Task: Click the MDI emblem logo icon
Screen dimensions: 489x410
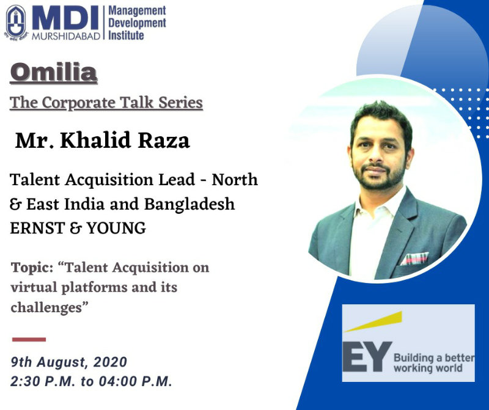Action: [16, 23]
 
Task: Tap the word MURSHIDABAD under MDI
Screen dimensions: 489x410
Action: [66, 36]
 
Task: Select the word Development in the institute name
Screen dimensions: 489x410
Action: [137, 23]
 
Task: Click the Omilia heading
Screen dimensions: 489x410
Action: [54, 73]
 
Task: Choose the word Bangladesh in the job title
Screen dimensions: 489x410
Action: [189, 204]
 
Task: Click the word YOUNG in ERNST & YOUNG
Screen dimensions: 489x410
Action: [116, 228]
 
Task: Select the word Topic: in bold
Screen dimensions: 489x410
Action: [32, 268]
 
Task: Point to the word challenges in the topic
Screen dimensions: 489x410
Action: [46, 308]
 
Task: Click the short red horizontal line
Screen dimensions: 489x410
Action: [29, 340]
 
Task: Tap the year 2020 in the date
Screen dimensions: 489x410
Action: [110, 362]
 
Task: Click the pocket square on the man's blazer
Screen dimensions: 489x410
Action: [414, 258]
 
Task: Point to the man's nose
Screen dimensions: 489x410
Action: [375, 158]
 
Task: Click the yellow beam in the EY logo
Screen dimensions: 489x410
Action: [373, 321]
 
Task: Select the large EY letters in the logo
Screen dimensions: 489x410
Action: [367, 357]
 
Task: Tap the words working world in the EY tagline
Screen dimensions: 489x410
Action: [428, 368]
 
